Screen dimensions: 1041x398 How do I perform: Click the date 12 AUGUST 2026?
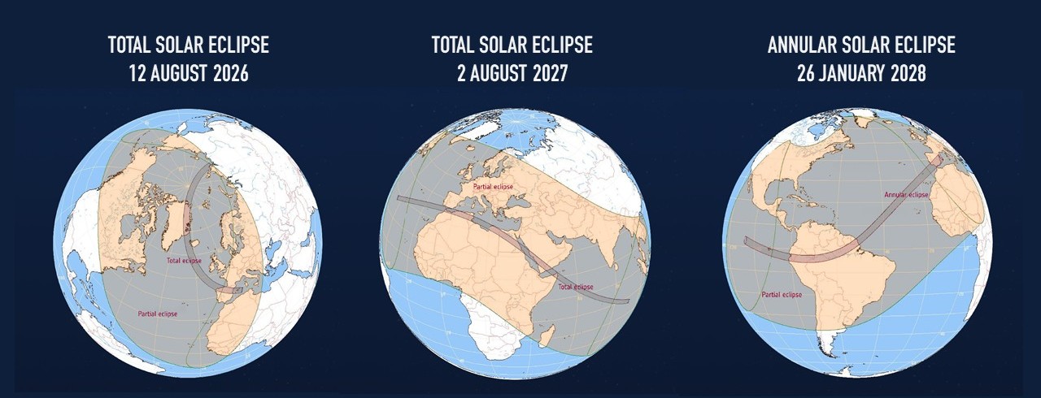(189, 74)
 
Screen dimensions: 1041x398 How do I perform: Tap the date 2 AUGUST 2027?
(512, 74)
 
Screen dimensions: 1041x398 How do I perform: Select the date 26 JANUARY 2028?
(861, 74)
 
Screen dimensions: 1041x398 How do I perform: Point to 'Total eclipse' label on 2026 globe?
(184, 261)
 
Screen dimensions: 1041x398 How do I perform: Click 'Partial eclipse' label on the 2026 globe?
(158, 314)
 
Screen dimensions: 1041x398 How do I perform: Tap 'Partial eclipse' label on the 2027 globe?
(493, 187)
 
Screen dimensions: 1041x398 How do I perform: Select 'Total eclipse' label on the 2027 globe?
(575, 287)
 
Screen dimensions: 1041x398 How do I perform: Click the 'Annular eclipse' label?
(906, 195)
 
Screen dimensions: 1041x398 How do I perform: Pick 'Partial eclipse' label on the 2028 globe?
(782, 295)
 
